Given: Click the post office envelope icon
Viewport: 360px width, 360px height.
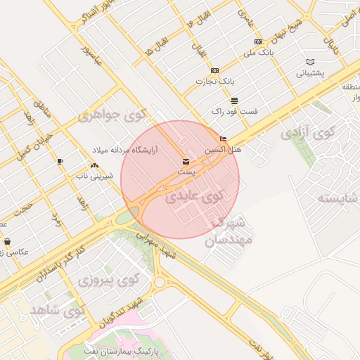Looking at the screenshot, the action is click(x=186, y=160).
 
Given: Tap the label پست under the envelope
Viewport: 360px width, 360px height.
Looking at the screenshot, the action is click(x=186, y=171).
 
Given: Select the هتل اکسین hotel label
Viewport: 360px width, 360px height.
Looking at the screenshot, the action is click(x=223, y=150).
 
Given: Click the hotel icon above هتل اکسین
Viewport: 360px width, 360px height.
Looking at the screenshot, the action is click(x=224, y=139).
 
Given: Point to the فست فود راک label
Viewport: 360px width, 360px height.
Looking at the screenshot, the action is click(x=234, y=111).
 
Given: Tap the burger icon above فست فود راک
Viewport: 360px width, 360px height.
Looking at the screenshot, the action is click(x=234, y=101).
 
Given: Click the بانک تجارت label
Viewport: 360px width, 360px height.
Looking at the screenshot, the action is click(x=214, y=81).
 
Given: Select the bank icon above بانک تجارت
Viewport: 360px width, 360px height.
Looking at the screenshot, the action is click(x=214, y=70).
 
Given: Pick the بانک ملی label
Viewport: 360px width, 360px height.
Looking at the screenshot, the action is click(x=257, y=53).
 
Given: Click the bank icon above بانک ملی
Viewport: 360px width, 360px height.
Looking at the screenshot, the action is click(x=258, y=42).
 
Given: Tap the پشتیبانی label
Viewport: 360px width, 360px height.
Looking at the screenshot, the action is click(x=310, y=72).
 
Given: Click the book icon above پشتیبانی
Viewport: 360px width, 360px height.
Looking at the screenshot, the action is click(x=311, y=62).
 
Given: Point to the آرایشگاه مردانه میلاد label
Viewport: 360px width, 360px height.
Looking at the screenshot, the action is click(x=127, y=150).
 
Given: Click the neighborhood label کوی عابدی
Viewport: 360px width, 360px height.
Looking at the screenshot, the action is click(x=191, y=198).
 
